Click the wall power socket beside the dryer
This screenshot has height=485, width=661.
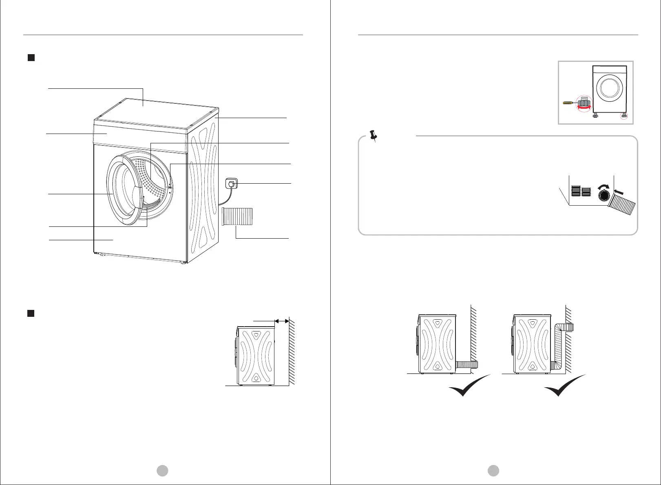[x=231, y=184]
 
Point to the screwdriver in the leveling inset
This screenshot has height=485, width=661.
[x=568, y=103]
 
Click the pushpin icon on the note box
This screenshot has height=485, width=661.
[x=373, y=136]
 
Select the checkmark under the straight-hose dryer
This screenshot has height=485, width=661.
[x=469, y=386]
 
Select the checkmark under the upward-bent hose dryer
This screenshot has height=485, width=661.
[x=565, y=386]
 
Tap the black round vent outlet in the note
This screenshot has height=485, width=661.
[x=604, y=196]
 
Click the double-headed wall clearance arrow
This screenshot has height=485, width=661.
[x=282, y=321]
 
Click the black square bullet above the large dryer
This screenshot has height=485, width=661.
[x=31, y=58]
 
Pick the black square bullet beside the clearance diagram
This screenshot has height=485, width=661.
[x=31, y=313]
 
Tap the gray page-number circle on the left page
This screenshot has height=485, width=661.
[x=163, y=471]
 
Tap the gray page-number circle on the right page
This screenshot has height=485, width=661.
[x=493, y=471]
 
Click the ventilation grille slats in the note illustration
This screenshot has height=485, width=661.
[x=581, y=191]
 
